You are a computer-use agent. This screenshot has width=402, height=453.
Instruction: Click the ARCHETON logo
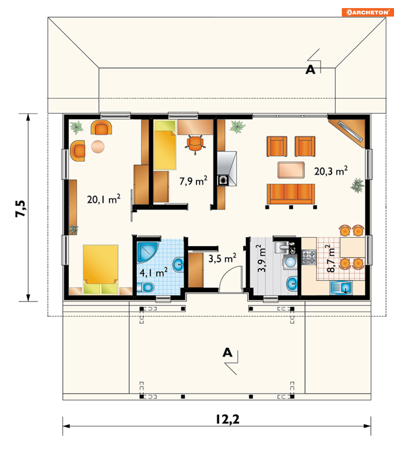coord(368,13)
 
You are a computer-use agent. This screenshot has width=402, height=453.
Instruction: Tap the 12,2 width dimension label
coord(227,419)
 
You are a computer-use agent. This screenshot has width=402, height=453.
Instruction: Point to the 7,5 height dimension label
coord(21,208)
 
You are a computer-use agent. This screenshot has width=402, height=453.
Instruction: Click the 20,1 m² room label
coord(103,199)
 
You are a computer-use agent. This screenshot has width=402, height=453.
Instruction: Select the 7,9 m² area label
coord(193,181)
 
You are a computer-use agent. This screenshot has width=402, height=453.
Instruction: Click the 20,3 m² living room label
coord(331,171)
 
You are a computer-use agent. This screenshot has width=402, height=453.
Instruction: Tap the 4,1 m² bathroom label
coord(154,272)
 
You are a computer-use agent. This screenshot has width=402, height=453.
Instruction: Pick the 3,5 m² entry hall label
coord(222,258)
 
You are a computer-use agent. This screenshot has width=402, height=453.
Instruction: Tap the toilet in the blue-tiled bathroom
coord(145,287)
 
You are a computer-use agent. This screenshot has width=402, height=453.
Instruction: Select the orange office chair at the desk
coord(195,144)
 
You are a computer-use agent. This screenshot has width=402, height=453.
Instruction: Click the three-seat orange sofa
coord(290,194)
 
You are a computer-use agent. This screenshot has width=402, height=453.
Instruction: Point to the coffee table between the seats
coord(291,170)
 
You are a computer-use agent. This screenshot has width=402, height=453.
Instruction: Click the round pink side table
coord(98,147)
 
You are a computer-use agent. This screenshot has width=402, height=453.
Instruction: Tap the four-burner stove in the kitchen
coord(309,257)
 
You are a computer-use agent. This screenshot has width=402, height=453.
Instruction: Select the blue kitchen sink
coord(341,288)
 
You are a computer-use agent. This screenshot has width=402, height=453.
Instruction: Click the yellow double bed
coord(101,269)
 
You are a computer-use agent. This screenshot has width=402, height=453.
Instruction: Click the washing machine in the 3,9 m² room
coord(290,262)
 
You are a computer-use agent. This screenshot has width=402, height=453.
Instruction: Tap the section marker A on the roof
coord(310,70)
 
